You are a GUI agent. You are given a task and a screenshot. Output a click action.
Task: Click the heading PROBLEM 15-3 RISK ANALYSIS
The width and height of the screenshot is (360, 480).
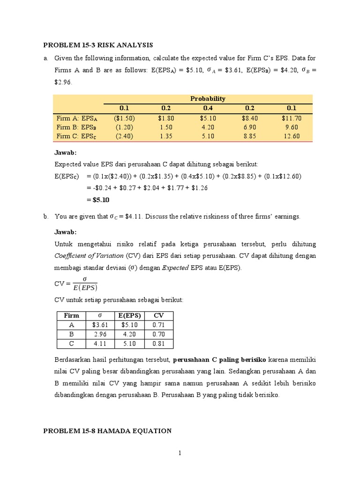tap(98, 45)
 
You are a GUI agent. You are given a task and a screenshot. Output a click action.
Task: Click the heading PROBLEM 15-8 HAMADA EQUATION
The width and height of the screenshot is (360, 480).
tap(107, 431)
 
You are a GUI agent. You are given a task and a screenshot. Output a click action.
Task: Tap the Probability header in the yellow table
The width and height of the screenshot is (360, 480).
tap(208, 98)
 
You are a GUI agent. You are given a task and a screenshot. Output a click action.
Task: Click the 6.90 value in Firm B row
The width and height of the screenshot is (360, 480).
tap(250, 127)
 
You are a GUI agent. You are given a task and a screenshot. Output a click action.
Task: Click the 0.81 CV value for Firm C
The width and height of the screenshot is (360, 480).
tap(159, 344)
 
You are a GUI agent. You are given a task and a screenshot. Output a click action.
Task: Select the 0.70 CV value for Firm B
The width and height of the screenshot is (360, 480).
tap(159, 334)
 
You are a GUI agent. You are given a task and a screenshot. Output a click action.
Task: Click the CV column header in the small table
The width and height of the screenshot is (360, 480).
tap(159, 315)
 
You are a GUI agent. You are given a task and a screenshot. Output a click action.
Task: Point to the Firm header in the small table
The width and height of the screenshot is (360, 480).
tap(71, 315)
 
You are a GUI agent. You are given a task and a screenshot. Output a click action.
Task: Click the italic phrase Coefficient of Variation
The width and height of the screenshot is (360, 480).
tap(89, 255)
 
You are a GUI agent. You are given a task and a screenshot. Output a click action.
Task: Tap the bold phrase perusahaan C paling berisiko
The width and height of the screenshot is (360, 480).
tap(219, 360)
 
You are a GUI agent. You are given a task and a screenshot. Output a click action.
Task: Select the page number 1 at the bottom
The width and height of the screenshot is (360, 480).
tap(180, 453)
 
